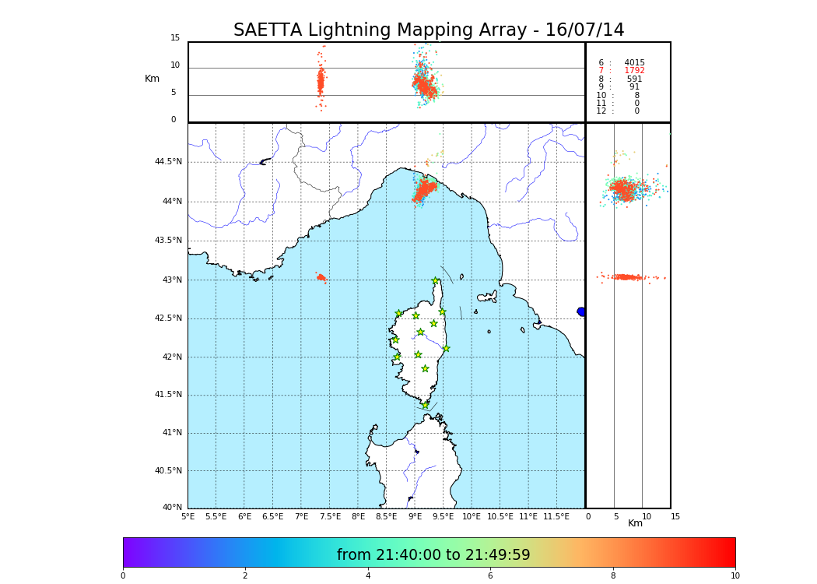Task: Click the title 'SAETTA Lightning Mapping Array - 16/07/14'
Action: [429, 30]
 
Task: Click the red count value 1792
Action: [634, 71]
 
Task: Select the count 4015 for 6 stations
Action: [634, 63]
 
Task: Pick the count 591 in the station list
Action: [634, 79]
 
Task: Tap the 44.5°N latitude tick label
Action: [168, 162]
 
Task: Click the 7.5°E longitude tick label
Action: [330, 516]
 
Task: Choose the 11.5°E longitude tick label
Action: [556, 516]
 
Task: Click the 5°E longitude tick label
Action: [188, 516]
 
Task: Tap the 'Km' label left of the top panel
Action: [152, 79]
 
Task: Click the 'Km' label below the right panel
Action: [635, 523]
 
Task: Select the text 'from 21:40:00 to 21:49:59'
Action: [433, 555]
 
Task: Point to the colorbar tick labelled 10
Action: [735, 575]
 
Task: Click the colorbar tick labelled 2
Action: [245, 575]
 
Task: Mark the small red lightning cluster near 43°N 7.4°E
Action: [321, 277]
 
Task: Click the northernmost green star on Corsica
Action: [436, 281]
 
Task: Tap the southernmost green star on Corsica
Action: [425, 405]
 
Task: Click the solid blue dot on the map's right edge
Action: [581, 311]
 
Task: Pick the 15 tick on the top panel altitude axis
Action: [175, 38]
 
